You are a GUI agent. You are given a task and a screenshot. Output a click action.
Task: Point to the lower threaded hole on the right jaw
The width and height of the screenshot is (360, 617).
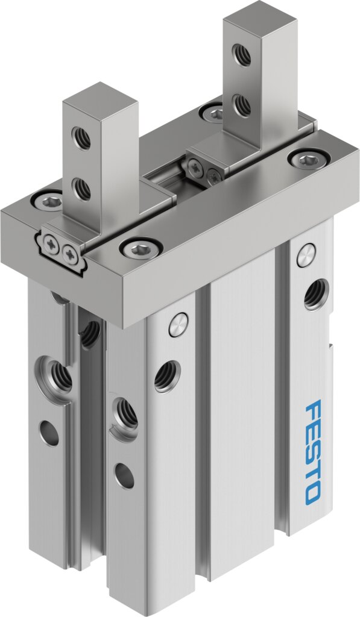(x=242, y=106)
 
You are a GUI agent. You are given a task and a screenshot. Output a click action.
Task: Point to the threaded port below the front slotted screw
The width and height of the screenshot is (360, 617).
(x=166, y=376)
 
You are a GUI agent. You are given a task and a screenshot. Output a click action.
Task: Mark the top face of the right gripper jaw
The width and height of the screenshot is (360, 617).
(x=259, y=17)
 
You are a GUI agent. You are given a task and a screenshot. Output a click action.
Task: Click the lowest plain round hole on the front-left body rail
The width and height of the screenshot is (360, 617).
(x=124, y=475)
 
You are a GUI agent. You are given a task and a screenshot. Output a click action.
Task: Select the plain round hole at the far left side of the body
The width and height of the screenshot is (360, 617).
(x=49, y=433)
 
